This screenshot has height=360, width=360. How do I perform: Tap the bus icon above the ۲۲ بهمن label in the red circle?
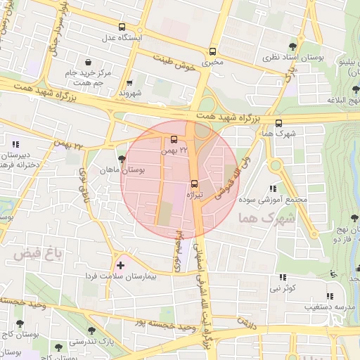[x=174, y=139]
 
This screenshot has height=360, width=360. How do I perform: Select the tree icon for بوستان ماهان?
[x=122, y=160]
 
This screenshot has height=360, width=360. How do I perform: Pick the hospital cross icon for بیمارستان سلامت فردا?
[x=122, y=265]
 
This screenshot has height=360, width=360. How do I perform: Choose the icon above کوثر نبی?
[x=283, y=278]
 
